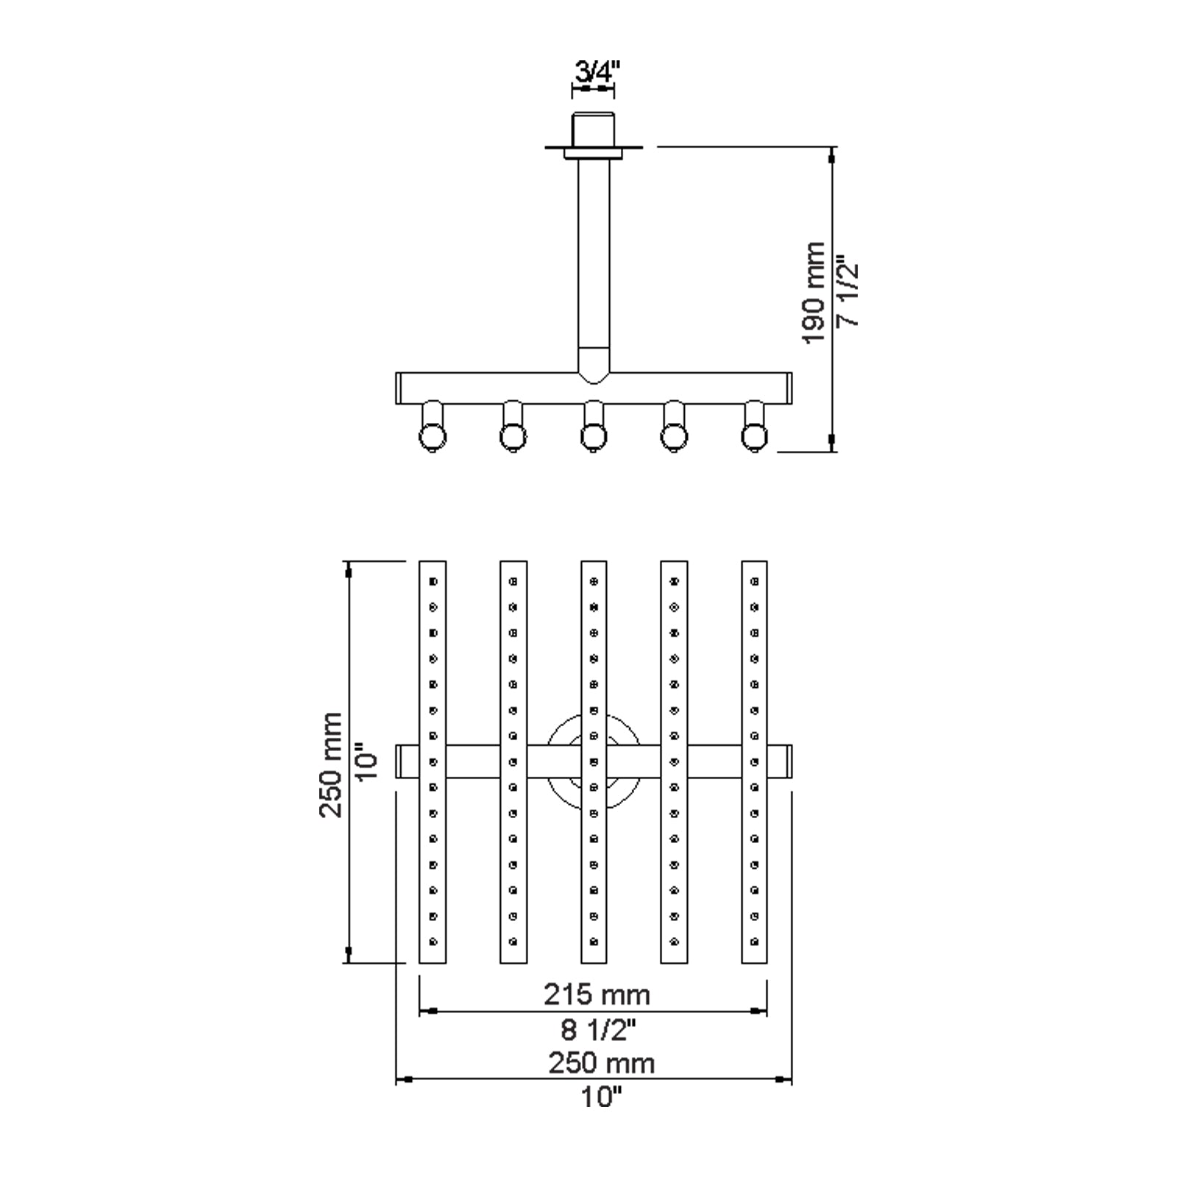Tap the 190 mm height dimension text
(x=814, y=293)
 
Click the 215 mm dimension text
(x=597, y=995)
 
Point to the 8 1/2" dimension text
(x=597, y=1030)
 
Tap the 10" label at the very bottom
(x=600, y=1098)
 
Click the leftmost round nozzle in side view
(x=433, y=438)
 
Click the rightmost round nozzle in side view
(x=755, y=438)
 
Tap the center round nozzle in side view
(x=593, y=438)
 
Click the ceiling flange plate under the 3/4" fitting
(x=593, y=152)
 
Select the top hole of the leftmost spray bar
(x=433, y=581)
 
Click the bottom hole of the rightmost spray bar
(x=754, y=941)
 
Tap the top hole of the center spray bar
(x=594, y=581)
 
